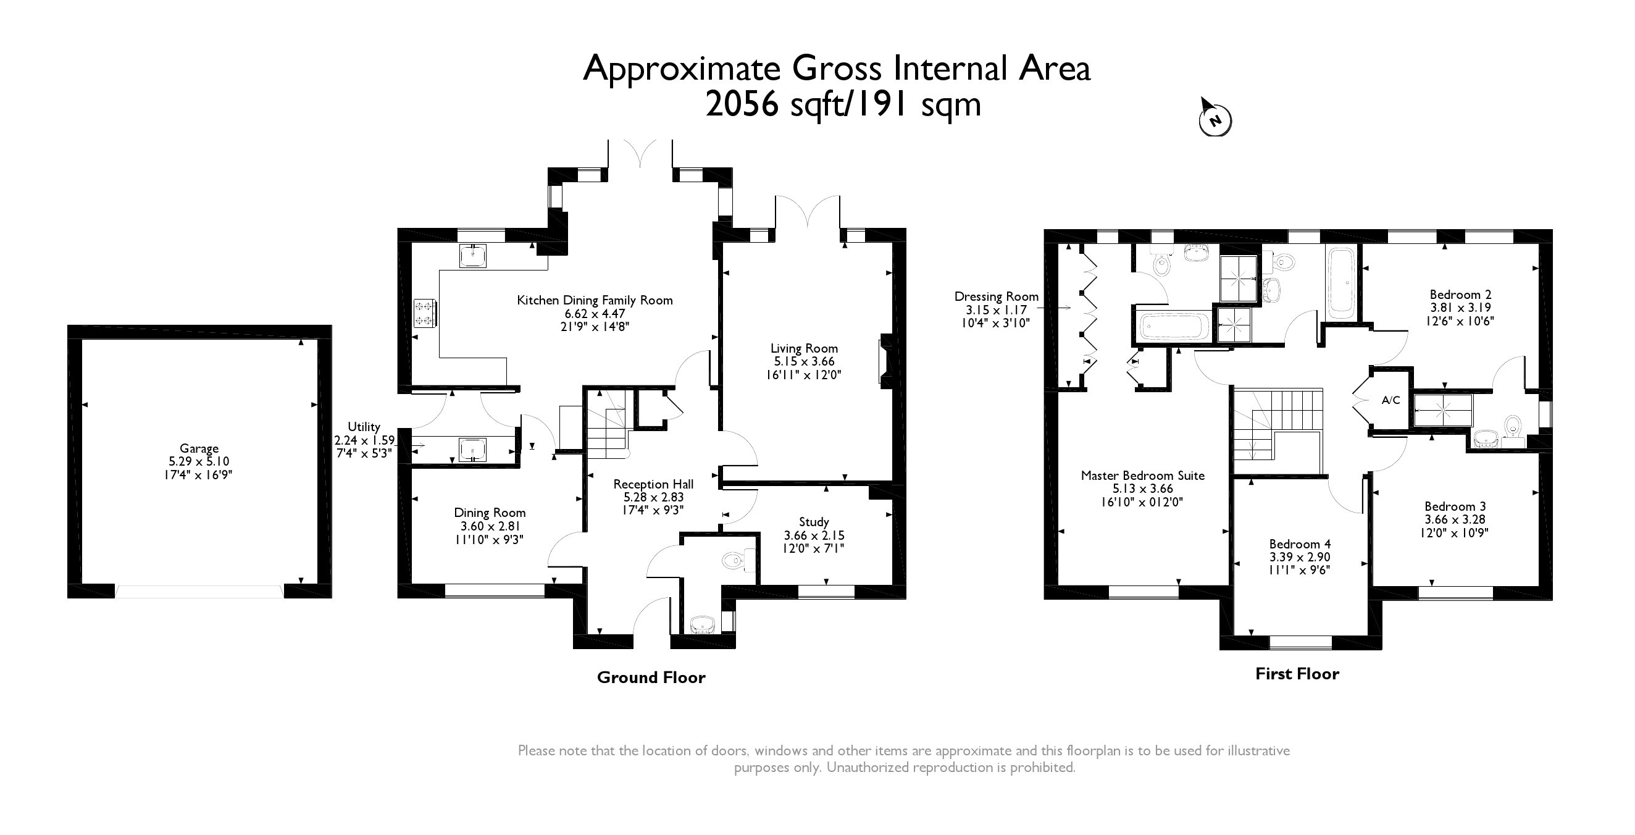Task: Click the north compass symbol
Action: tap(1214, 118)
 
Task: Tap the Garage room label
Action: tap(199, 448)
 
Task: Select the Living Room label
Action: tap(804, 348)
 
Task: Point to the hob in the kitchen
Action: tap(424, 313)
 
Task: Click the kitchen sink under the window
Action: tap(473, 255)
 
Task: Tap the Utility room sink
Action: tap(473, 450)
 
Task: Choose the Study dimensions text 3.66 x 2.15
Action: tap(814, 535)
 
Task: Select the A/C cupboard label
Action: tap(1390, 400)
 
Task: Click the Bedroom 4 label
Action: tap(1300, 543)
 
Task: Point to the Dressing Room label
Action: tap(997, 296)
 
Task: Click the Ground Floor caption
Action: tap(651, 678)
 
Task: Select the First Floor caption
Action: tap(1297, 674)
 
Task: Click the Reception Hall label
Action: tap(653, 484)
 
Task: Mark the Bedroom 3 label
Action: tap(1455, 506)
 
